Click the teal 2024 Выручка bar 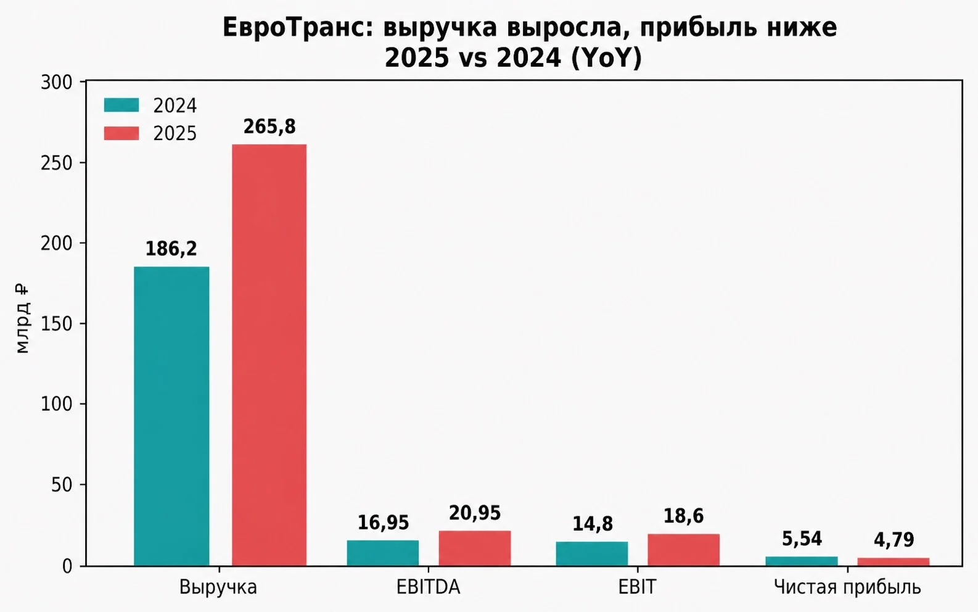[171, 416]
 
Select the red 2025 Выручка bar [269, 355]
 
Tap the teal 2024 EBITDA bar [383, 553]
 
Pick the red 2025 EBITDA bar [475, 548]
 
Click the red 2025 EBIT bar [684, 550]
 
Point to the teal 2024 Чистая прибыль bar [802, 561]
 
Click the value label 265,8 [269, 126]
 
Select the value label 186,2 [171, 249]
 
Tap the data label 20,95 [475, 513]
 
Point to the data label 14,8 [593, 524]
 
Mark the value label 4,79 [894, 540]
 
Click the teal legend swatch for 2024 [121, 105]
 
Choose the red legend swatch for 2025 [121, 133]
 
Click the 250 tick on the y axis [56, 163]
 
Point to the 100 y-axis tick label [56, 404]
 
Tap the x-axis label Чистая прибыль [847, 587]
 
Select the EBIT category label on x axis [637, 587]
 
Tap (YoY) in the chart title [606, 58]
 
